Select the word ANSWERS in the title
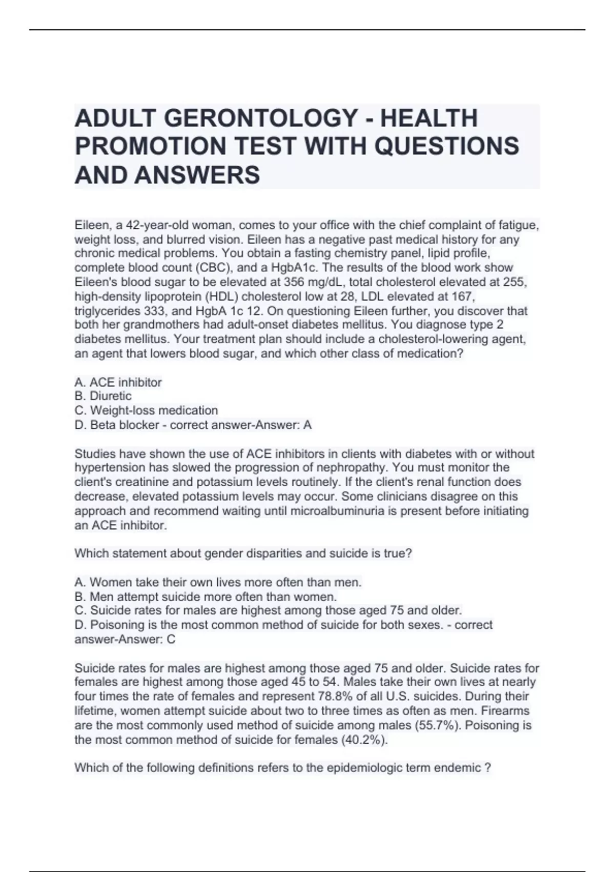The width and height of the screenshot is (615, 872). pyautogui.click(x=197, y=174)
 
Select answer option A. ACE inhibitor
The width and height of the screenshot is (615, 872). pyautogui.click(x=118, y=382)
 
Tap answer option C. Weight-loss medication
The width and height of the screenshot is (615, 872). pyautogui.click(x=146, y=410)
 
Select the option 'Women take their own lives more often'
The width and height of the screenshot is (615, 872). pyautogui.click(x=218, y=582)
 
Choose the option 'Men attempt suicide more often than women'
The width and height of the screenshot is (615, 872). pyautogui.click(x=206, y=597)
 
